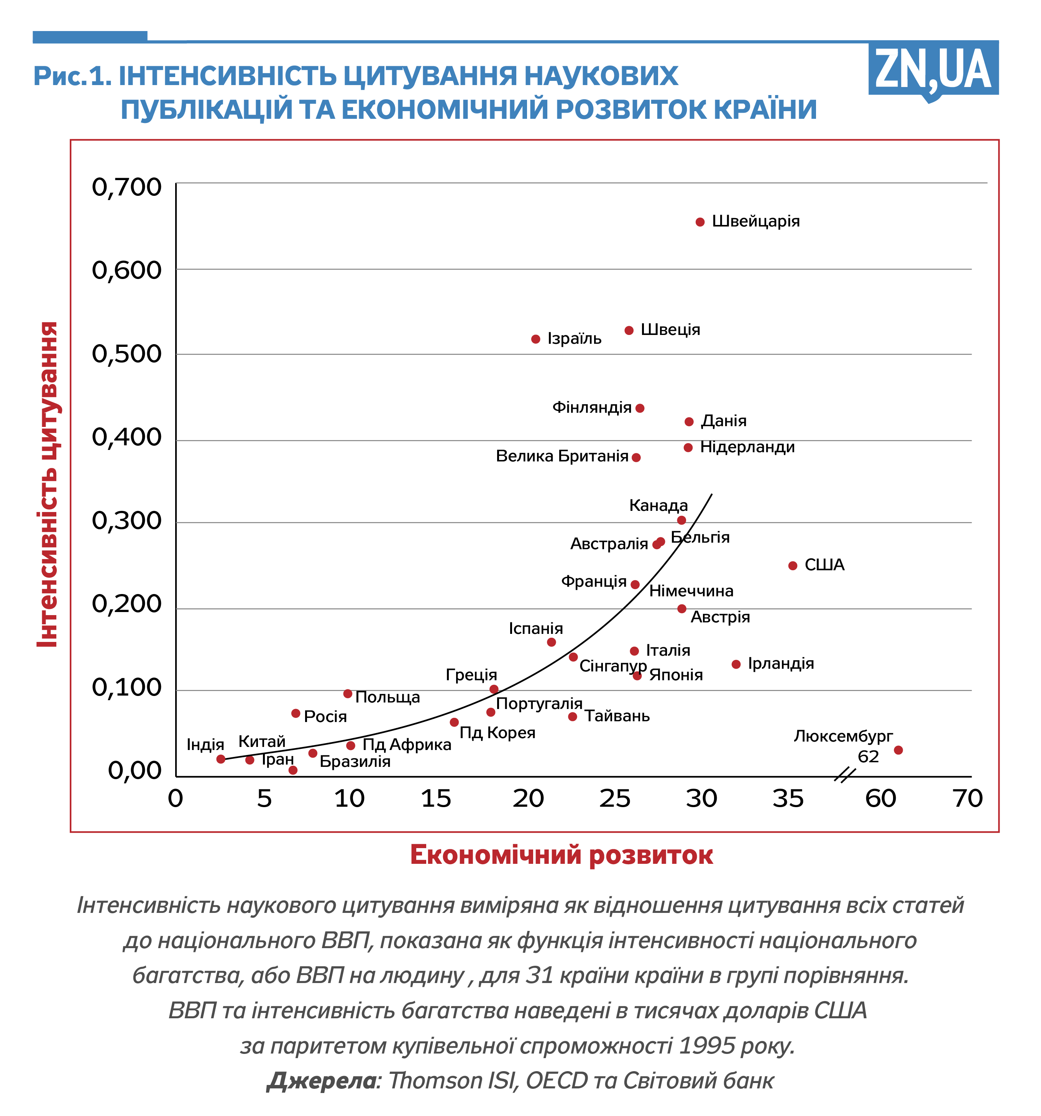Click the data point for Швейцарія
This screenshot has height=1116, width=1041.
point(699,222)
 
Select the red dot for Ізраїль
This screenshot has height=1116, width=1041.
point(536,339)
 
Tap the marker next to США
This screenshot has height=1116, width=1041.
point(793,566)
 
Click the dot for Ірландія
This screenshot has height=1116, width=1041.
point(736,664)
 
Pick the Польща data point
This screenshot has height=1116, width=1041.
point(348,694)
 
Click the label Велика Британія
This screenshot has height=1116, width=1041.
point(562,456)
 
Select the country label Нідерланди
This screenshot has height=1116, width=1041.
point(747,447)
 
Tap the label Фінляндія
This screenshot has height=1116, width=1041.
point(592,407)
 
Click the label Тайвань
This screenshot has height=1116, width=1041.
point(617,716)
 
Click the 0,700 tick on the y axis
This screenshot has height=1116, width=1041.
point(126,187)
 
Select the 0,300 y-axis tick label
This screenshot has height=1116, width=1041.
point(126,521)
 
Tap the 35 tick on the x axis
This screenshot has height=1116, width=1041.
point(788,798)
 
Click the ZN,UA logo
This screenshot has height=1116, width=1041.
point(933,70)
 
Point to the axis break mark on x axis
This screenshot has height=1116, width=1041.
point(844,776)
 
